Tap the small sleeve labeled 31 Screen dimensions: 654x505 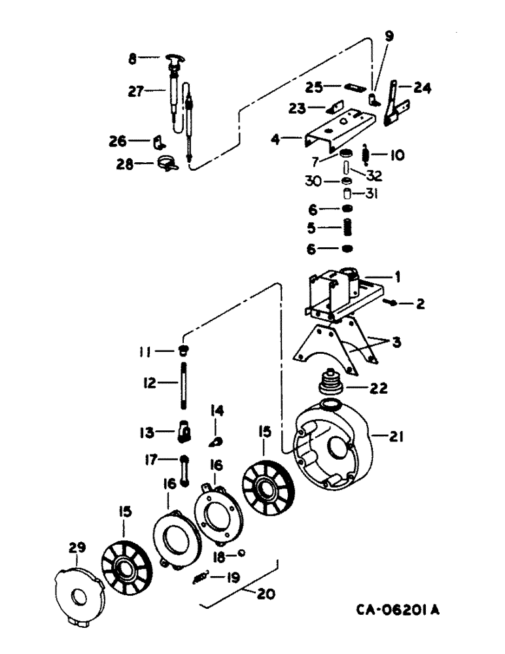350,194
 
